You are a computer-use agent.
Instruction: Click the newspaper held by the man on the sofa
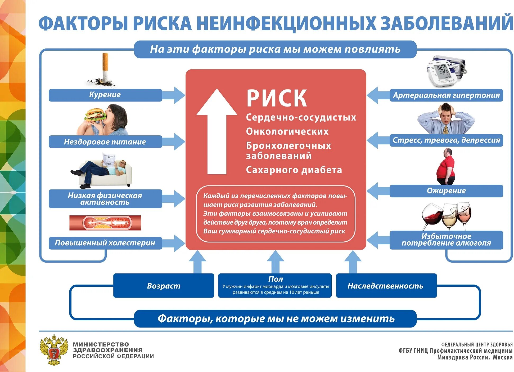[x=109, y=159]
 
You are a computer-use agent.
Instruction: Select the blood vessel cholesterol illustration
[x=105, y=223]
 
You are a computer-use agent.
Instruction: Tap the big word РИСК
[x=277, y=98]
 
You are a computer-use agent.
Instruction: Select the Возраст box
[x=164, y=286]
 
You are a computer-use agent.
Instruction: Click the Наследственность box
[x=386, y=286]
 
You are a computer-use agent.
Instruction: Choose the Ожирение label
[x=446, y=191]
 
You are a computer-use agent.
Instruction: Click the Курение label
[x=105, y=95]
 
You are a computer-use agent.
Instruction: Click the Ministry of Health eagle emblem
[x=54, y=350]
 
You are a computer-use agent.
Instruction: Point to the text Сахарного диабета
[x=294, y=170]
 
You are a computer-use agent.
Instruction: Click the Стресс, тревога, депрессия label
[x=446, y=140]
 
